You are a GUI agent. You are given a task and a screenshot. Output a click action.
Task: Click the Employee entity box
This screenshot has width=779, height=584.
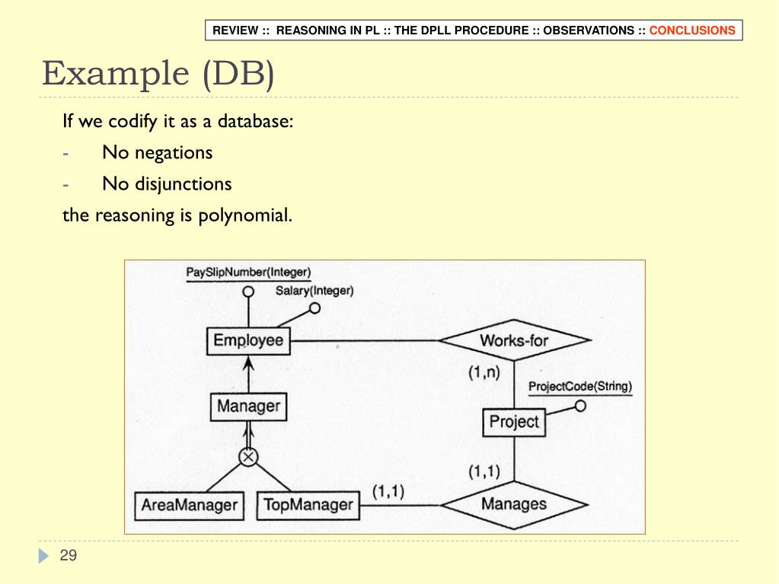click(x=248, y=340)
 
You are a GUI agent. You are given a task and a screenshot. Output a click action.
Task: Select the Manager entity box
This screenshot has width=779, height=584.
click(x=248, y=406)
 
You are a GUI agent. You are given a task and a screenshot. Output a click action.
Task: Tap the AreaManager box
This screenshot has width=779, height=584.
click(x=189, y=505)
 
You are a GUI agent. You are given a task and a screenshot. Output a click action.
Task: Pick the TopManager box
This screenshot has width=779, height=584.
click(x=307, y=504)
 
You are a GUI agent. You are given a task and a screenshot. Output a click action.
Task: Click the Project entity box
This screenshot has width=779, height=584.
click(x=514, y=422)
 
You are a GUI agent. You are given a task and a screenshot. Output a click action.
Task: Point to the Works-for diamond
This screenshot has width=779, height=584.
click(x=514, y=340)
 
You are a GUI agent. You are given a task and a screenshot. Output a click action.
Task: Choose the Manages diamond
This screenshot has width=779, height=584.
click(x=514, y=503)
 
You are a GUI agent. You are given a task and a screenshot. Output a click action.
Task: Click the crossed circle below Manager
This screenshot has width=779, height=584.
click(x=248, y=457)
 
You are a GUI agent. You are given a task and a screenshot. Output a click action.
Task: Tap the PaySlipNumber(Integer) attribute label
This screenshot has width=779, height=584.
click(x=248, y=272)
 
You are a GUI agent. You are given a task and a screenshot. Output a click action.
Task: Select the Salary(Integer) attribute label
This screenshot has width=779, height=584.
click(x=314, y=290)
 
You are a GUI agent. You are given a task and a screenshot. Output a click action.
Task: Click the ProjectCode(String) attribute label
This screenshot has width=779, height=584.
click(x=580, y=386)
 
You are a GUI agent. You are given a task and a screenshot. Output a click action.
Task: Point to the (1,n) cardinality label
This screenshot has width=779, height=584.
click(x=484, y=372)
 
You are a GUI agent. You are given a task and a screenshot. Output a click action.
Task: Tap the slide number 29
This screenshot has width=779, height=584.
click(x=69, y=555)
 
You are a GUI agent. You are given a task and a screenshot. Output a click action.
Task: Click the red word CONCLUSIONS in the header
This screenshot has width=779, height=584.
click(x=692, y=30)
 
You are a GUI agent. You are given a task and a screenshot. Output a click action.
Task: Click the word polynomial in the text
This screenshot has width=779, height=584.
click(x=245, y=215)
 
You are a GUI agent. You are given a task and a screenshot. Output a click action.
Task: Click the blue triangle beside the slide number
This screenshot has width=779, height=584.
click(x=43, y=557)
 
